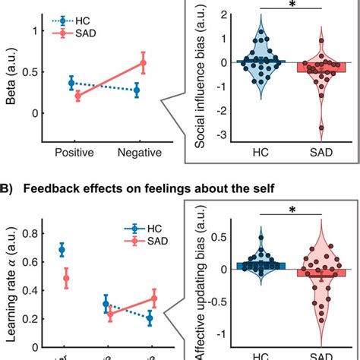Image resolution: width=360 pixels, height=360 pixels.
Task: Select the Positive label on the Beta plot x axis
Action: tap(74, 152)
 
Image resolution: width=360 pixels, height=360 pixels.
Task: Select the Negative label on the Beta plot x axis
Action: tap(140, 152)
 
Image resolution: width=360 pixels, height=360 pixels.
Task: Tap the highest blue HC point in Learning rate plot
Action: tap(62, 250)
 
